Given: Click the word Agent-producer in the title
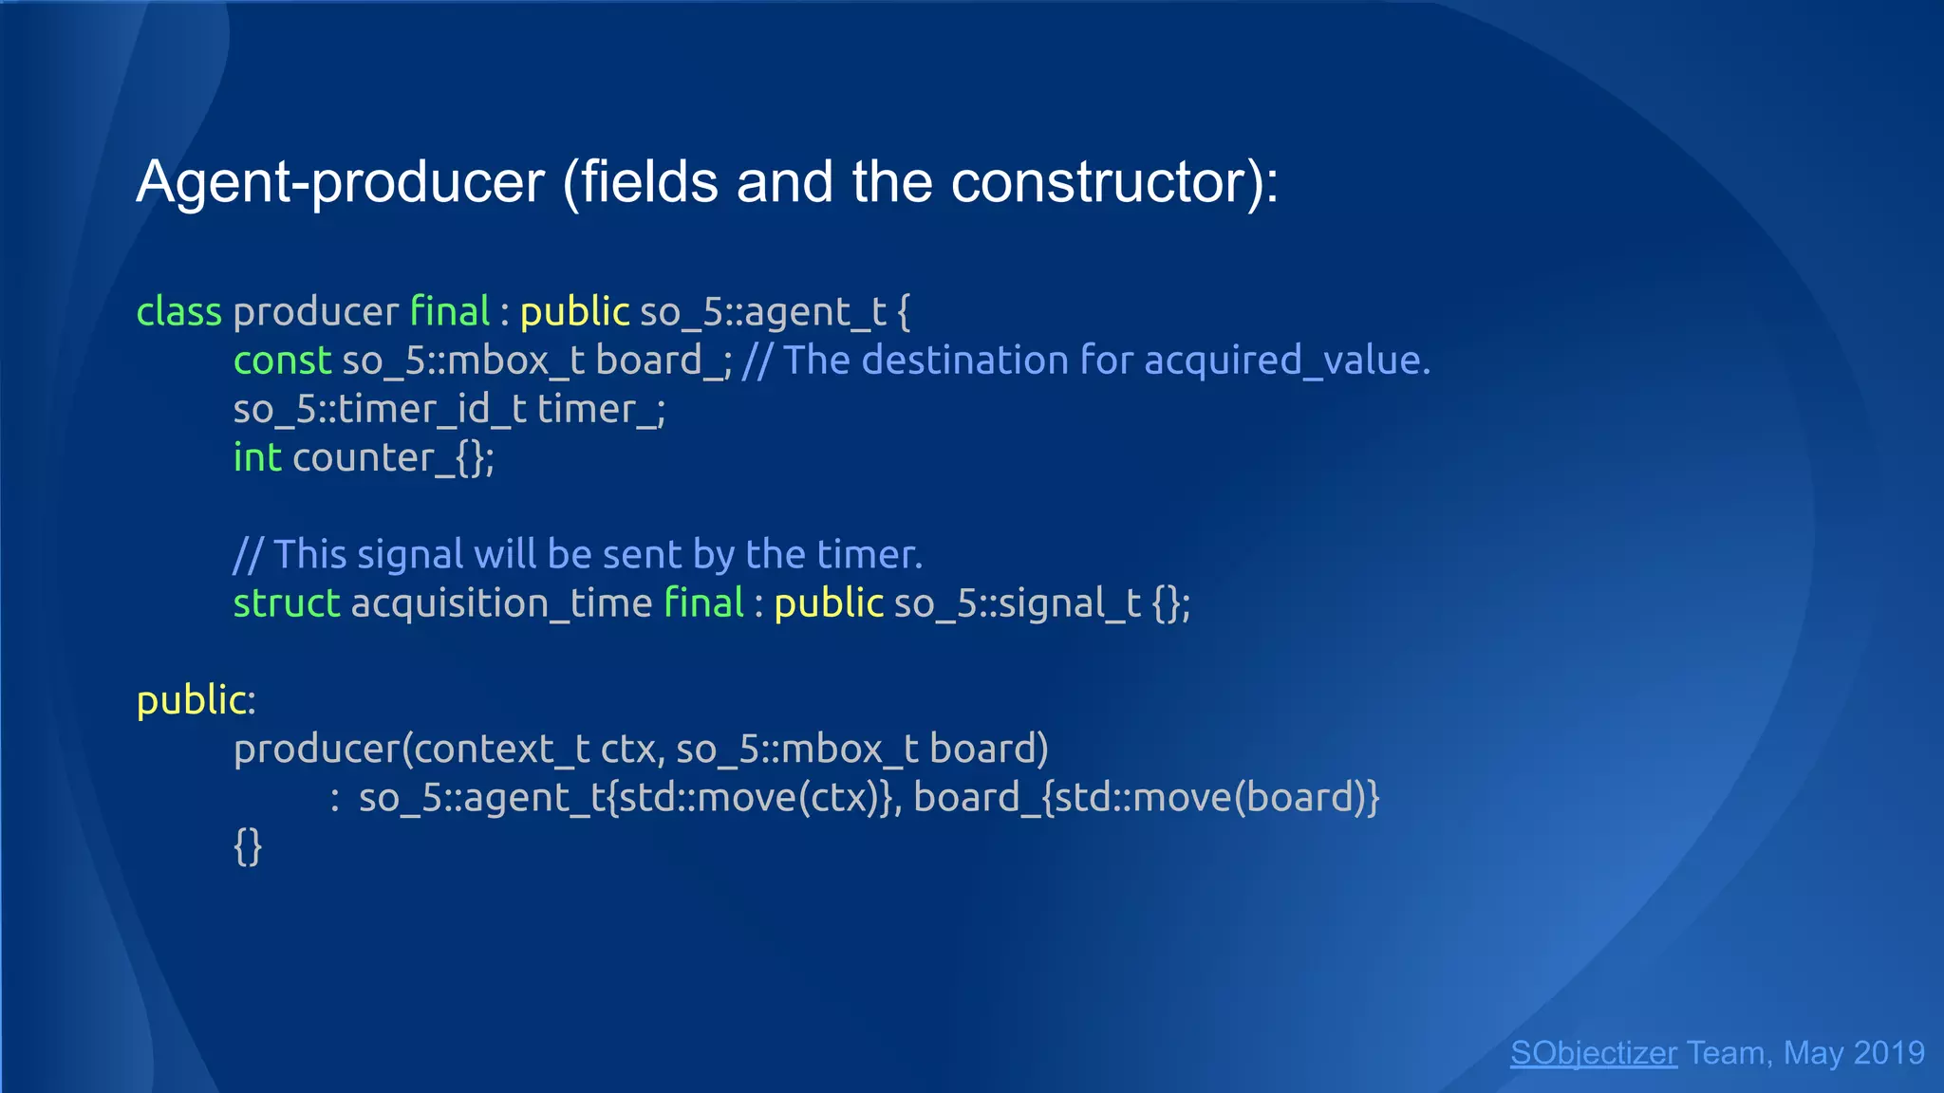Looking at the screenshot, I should pyautogui.click(x=340, y=182).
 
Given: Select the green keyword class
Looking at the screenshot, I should pyautogui.click(x=178, y=312).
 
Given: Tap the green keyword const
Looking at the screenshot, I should pyautogui.click(x=282, y=361).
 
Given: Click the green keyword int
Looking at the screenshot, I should pyautogui.click(x=257, y=458).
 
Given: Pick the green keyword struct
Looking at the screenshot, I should pyautogui.click(x=286, y=603).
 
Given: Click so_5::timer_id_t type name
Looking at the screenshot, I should pyautogui.click(x=380, y=410).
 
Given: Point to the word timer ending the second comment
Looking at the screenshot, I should pyautogui.click(x=869, y=555).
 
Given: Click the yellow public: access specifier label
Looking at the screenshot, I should pyautogui.click(x=196, y=701).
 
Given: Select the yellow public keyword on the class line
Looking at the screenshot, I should pyautogui.click(x=574, y=312).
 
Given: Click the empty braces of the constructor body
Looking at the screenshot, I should pyautogui.click(x=248, y=846).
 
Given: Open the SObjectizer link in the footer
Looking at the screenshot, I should pyautogui.click(x=1593, y=1053).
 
